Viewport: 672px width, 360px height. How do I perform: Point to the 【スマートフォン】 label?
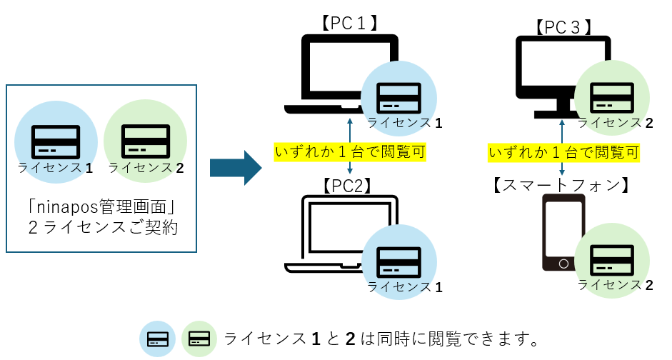tap(562, 185)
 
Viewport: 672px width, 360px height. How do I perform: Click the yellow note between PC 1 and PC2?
tap(350, 151)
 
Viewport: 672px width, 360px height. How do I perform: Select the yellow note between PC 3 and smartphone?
tap(563, 151)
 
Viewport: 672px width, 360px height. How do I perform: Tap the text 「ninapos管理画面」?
tap(100, 209)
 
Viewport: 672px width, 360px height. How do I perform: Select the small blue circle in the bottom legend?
tap(158, 338)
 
